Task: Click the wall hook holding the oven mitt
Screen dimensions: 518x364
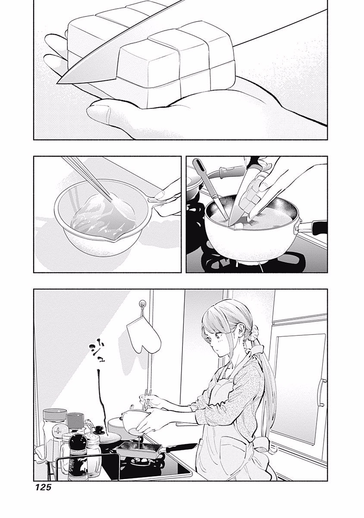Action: (141, 306)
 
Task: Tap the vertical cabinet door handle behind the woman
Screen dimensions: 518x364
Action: (321, 393)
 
